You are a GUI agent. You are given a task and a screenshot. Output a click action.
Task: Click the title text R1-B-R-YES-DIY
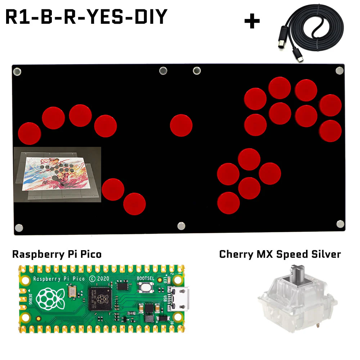(86, 17)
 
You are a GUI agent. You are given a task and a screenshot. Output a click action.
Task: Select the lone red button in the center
(181, 125)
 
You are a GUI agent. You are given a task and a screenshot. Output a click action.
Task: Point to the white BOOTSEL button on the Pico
(146, 287)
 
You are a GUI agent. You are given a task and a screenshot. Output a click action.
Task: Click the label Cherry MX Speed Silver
(280, 255)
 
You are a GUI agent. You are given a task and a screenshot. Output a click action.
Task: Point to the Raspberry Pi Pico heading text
(57, 255)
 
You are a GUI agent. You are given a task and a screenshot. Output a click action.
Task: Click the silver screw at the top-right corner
(339, 70)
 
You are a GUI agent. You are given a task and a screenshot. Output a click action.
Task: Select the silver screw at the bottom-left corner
(19, 228)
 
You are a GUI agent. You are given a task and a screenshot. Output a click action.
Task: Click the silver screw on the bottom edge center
(181, 226)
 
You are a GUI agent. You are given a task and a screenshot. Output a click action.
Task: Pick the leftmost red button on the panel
(30, 133)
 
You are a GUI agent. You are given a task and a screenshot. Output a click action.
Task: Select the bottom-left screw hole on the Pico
(26, 317)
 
